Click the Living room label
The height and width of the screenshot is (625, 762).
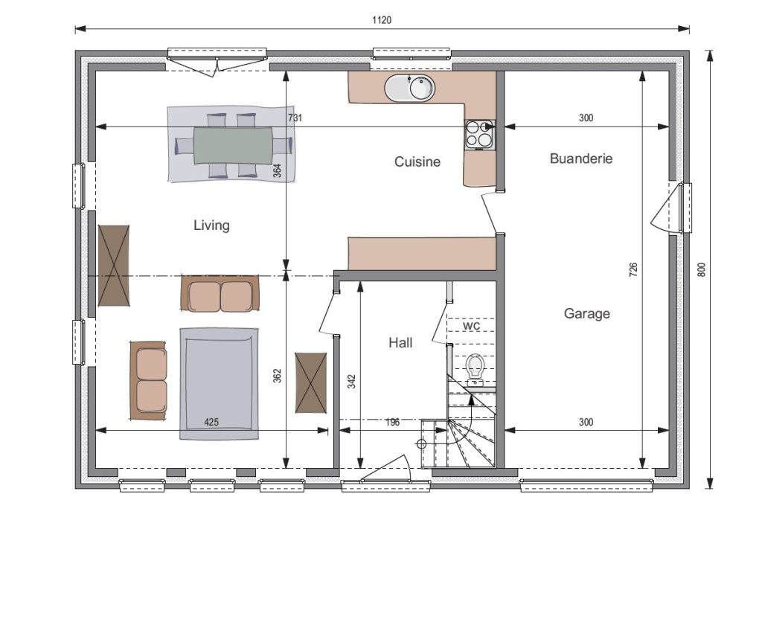(211, 225)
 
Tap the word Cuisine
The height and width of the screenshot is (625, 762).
(417, 161)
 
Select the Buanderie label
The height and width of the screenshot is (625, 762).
(581, 158)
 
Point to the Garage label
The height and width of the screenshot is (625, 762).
(586, 313)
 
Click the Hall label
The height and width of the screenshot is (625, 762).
(400, 342)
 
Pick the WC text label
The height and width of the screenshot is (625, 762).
(471, 326)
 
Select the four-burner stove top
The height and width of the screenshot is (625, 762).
(480, 135)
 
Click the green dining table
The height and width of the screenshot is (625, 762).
(233, 145)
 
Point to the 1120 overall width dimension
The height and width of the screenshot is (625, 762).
(382, 20)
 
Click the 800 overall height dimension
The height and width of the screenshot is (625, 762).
(701, 270)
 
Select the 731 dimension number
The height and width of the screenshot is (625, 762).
(295, 118)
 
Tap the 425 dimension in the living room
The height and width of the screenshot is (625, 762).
(211, 422)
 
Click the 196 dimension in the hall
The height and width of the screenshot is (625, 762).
(392, 422)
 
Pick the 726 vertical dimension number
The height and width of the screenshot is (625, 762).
(633, 270)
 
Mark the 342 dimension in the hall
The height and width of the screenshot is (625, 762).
(352, 381)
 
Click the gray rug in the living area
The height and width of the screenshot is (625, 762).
(220, 383)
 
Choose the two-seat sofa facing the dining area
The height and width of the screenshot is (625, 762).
(220, 293)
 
